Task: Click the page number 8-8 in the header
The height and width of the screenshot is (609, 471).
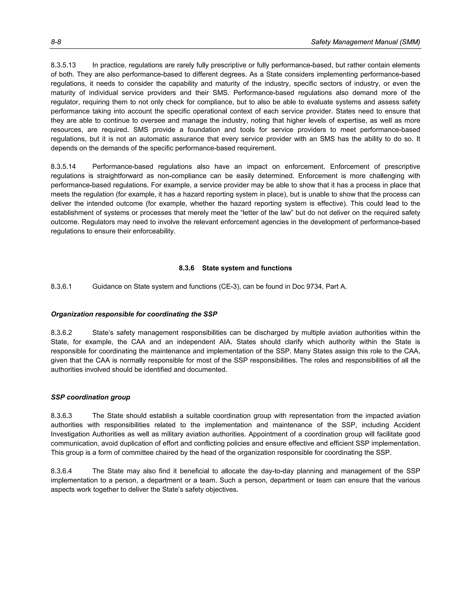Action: click(56, 42)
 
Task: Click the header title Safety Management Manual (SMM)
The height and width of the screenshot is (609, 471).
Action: click(365, 42)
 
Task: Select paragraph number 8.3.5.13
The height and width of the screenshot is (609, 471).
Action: click(63, 65)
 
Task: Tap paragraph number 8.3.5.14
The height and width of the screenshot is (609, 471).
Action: click(63, 167)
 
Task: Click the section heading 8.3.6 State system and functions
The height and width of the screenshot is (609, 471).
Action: click(235, 268)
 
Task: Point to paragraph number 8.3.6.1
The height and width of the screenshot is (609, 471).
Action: click(61, 287)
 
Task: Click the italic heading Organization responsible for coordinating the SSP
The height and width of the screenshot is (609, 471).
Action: click(134, 314)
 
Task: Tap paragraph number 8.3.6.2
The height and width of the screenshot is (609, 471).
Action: click(61, 333)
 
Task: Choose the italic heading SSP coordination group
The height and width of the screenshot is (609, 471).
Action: click(90, 397)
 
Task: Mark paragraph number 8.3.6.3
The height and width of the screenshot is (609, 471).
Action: click(61, 416)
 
